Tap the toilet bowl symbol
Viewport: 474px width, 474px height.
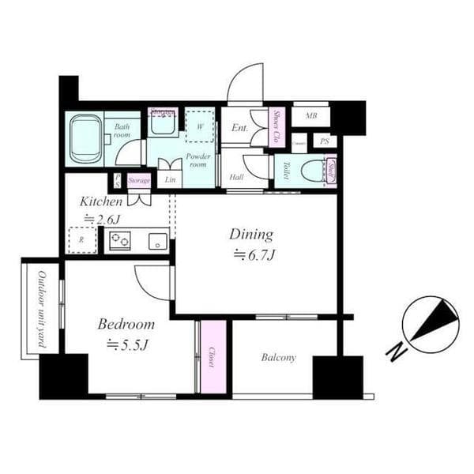click(314, 171)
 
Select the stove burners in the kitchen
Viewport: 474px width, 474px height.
click(120, 241)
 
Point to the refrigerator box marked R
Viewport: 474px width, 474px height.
click(81, 239)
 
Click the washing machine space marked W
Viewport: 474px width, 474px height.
click(200, 126)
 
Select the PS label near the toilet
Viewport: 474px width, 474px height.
click(323, 141)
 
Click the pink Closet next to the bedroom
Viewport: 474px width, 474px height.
click(213, 357)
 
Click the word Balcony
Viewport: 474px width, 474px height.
click(278, 358)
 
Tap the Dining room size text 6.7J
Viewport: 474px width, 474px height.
click(252, 254)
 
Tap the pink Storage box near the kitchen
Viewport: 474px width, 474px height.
click(139, 181)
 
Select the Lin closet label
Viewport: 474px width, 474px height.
click(170, 180)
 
